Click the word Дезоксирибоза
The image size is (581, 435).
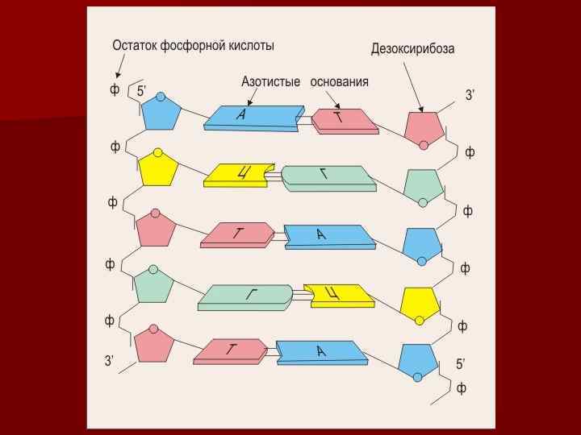click(x=412, y=48)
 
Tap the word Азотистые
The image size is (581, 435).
click(x=270, y=81)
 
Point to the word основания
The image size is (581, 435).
click(x=340, y=81)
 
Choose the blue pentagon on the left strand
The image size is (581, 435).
click(x=160, y=113)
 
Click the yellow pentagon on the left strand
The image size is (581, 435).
click(x=158, y=169)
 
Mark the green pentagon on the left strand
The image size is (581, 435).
click(x=154, y=284)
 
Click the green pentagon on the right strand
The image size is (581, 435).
click(x=422, y=185)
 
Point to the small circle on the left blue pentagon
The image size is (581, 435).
click(x=161, y=97)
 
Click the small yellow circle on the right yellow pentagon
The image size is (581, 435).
click(x=419, y=321)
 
